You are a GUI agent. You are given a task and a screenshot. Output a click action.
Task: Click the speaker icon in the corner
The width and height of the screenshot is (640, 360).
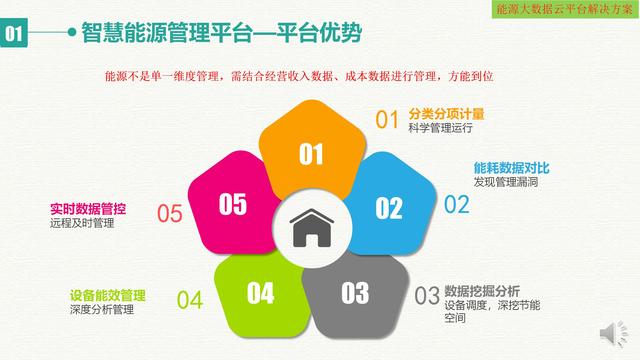[609, 333]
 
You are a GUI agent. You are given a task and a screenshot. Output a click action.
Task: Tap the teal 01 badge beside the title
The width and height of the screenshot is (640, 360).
[17, 34]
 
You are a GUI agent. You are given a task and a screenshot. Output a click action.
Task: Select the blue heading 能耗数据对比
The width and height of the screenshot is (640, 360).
[506, 168]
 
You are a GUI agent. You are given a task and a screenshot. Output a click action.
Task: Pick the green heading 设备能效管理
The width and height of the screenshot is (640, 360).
[108, 295]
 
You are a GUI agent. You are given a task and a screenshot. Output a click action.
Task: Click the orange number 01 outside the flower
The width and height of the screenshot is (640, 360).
[387, 120]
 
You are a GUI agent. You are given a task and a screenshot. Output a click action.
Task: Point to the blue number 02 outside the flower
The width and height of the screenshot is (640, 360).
[456, 205]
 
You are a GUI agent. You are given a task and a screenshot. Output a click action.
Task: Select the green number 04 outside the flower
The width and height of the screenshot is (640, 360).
[190, 299]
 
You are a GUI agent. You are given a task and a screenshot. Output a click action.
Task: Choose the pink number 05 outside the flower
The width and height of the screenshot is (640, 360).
[170, 213]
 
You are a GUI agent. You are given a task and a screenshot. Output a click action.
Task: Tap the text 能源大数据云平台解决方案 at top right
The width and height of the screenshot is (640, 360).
[565, 8]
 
